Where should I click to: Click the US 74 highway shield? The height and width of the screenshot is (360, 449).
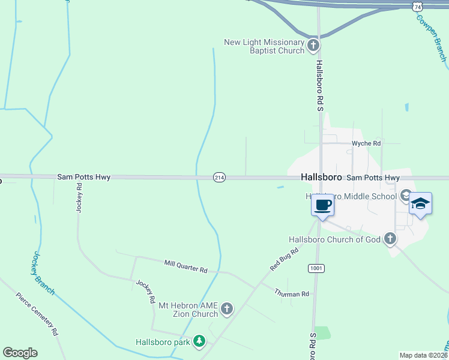tap(418, 6)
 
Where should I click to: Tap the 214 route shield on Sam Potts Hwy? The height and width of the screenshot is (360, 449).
tap(219, 178)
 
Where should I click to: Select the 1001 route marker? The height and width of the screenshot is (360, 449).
tap(316, 268)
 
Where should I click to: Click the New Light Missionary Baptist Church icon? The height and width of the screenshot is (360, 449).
tap(313, 45)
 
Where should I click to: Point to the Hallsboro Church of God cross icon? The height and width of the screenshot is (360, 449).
tap(390, 239)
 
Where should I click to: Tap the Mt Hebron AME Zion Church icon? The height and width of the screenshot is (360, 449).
tap(226, 309)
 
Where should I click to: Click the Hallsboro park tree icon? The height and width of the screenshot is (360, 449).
tap(199, 342)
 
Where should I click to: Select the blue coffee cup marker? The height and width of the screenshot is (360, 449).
tap(322, 206)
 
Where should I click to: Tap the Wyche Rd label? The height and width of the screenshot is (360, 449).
tap(366, 143)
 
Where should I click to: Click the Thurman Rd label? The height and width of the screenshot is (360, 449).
tap(292, 293)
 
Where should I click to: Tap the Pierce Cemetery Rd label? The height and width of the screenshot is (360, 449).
tap(37, 314)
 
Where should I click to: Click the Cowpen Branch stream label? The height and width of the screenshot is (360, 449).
tap(432, 36)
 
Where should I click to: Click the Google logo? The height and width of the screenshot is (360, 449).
tap(20, 353)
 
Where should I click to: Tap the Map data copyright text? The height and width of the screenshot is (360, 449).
tap(424, 355)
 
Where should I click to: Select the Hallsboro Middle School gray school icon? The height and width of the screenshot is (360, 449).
tap(406, 195)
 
